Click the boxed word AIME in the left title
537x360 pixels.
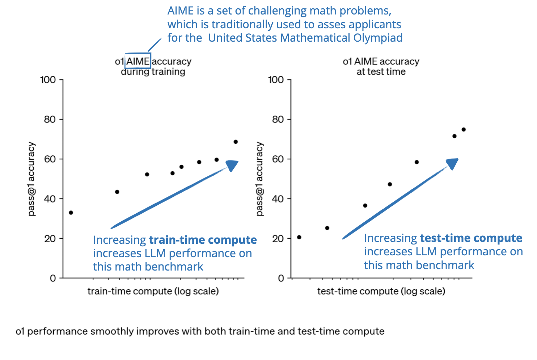pos(138,62)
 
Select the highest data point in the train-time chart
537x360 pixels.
pos(236,142)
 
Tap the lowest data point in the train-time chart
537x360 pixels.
pos(71,213)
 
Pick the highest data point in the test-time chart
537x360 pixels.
pos(464,130)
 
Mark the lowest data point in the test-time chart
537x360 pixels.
pos(299,237)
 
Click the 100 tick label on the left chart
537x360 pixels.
pos(48,80)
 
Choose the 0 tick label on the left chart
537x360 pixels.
pos(53,278)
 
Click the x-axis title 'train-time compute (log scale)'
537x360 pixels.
pos(153,291)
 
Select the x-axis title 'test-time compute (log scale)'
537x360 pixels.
pos(381,291)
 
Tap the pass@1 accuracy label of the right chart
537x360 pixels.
pos(259,179)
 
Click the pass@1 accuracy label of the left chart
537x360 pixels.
pos(32,179)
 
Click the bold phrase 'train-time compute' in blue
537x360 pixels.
pos(203,240)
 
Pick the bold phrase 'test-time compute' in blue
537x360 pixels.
pos(471,238)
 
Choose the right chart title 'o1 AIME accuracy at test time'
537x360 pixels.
pos(381,67)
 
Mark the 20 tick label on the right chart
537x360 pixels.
pos(278,239)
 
